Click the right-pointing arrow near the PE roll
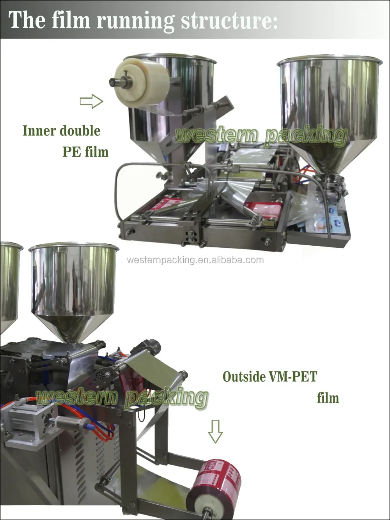91,102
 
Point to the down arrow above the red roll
215,431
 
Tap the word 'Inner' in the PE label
38,131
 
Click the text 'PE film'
85,151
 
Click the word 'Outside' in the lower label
244,377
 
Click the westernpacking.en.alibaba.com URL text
195,260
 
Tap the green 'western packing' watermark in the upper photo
261,135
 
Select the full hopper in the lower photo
74,289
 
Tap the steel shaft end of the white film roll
115,82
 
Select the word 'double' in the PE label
81,131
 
